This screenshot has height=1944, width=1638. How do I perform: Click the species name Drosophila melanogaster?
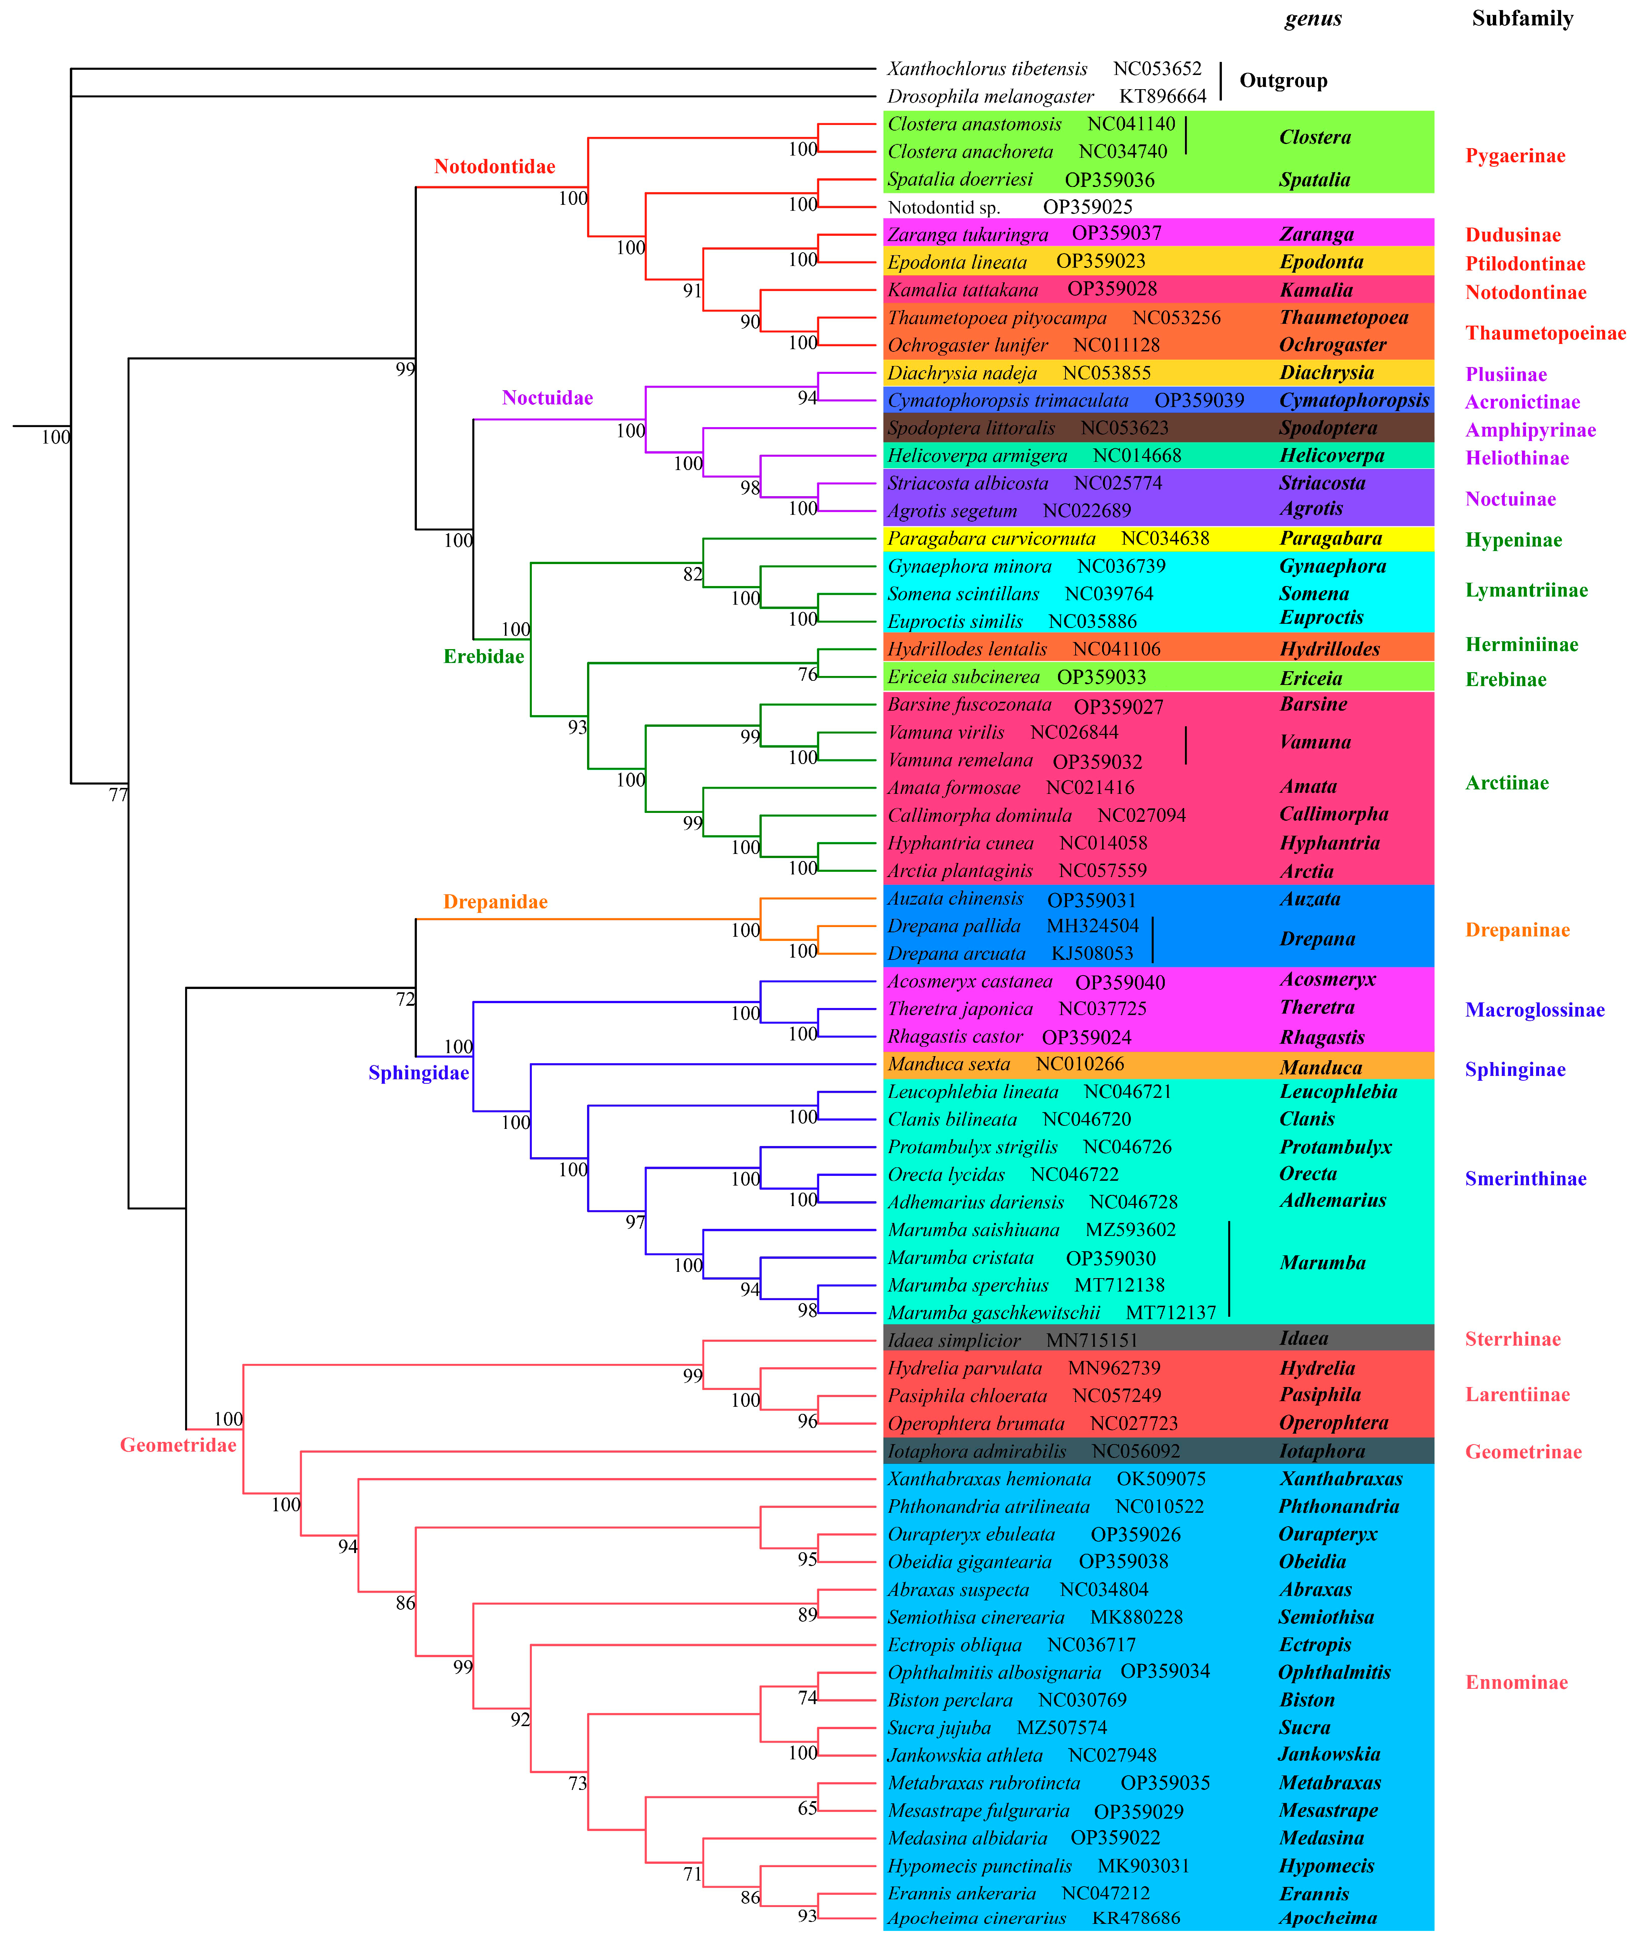click(x=990, y=97)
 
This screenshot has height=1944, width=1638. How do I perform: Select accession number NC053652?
click(x=1157, y=69)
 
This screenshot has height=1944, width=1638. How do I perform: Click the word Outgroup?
click(x=1283, y=81)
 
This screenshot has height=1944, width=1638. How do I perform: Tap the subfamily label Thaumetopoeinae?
click(x=1545, y=333)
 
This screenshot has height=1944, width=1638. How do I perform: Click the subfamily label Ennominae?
click(x=1516, y=1683)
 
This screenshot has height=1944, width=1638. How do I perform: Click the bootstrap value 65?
click(x=807, y=1809)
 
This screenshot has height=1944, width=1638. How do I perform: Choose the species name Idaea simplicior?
click(x=954, y=1340)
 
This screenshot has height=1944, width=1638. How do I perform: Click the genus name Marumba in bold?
click(x=1322, y=1264)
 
